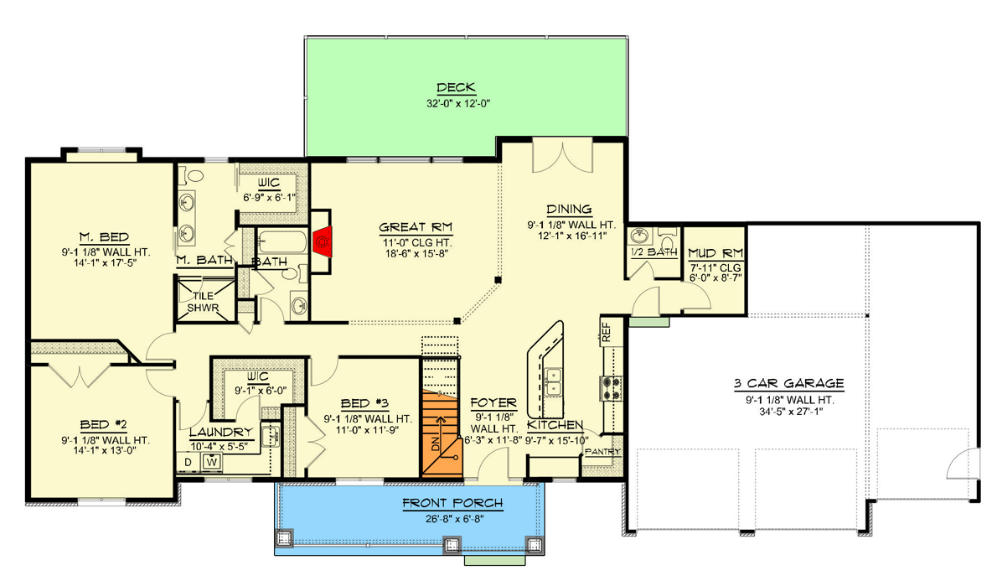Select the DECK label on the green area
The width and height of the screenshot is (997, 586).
coord(456,88)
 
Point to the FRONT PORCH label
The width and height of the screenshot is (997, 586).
coord(453,503)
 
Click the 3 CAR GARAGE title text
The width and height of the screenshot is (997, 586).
coord(788,384)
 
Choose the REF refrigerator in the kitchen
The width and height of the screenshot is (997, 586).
coord(606,330)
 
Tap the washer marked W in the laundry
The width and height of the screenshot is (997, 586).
coord(212,461)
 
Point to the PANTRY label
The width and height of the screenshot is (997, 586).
coord(602,452)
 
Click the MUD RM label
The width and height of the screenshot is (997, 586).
coord(712,252)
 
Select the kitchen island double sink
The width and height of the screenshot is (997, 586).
coord(552,383)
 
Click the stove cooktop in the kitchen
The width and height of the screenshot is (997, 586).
coord(612,386)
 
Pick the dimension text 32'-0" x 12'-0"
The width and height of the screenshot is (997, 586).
coord(456,105)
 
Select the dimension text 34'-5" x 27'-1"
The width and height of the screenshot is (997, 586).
coord(788,412)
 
